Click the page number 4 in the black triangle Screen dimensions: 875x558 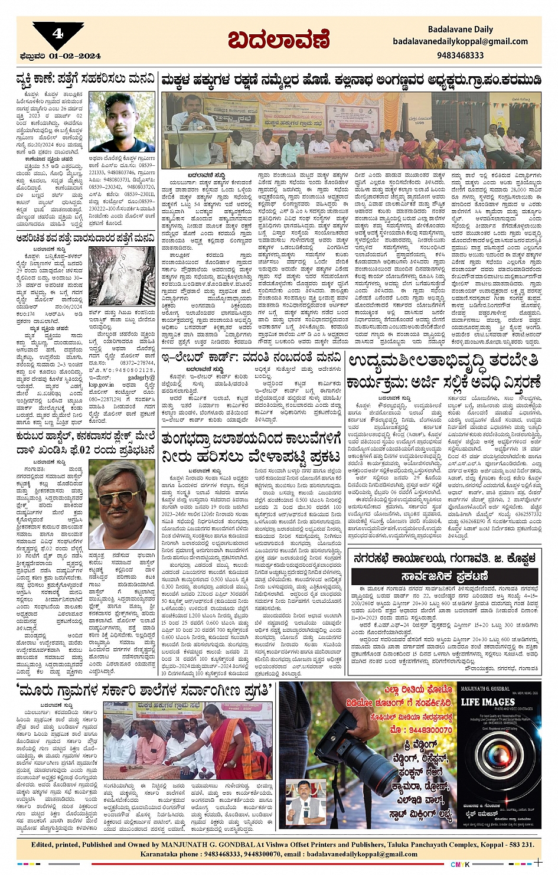tap(57, 34)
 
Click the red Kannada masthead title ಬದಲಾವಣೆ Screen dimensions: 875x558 tap(278, 40)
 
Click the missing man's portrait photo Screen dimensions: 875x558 tap(122, 122)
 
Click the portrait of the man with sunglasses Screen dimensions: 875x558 tap(121, 505)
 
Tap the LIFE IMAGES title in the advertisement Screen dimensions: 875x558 tap(488, 701)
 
